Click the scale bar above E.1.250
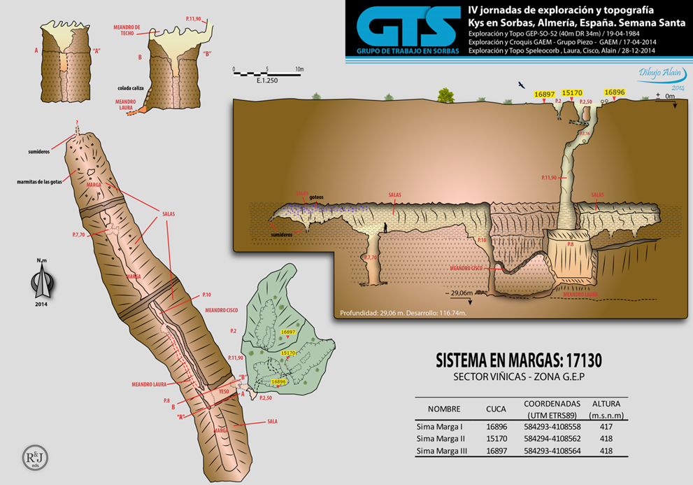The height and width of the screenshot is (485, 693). point(268,72)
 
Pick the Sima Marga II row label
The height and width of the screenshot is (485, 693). point(441,439)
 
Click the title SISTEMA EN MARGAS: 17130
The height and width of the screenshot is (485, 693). point(519,360)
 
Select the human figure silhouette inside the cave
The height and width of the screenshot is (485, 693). point(385,228)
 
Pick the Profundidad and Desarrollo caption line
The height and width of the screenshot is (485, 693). point(402,313)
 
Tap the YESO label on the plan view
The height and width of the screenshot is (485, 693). point(224,391)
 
